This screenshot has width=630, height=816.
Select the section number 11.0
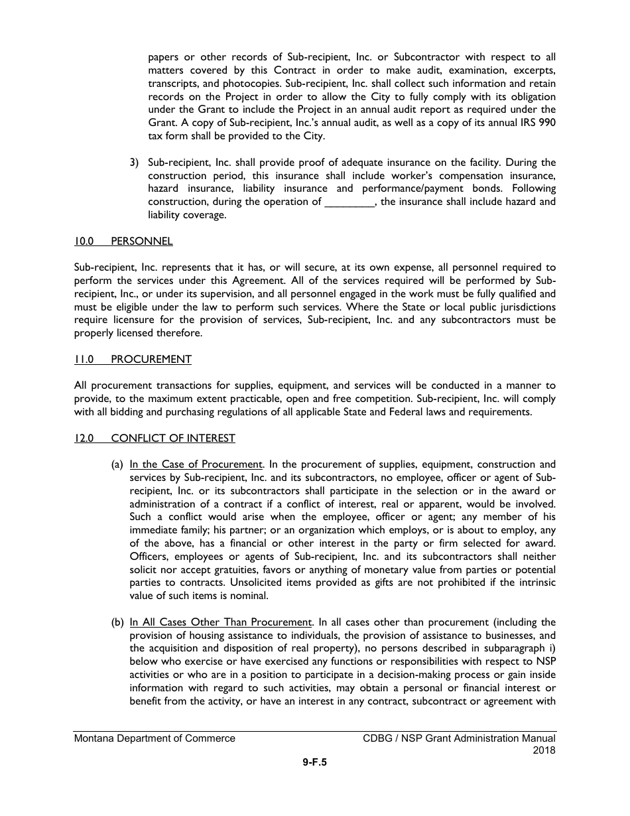pos(84,360)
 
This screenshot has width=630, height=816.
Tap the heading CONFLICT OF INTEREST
pos(172,439)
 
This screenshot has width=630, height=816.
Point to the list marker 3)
pos(135,163)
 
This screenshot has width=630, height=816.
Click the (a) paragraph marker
pos(117,464)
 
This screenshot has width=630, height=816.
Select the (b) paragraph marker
pos(117,622)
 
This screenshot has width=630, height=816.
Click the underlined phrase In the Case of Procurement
pos(196,464)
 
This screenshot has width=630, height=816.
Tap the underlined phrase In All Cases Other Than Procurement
pos(220,622)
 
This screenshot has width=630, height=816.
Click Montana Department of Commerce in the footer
pos(155,738)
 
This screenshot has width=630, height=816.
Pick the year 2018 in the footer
pos(544,751)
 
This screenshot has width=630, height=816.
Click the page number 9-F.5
pos(314,763)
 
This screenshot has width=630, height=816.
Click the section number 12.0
pos(84,439)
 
